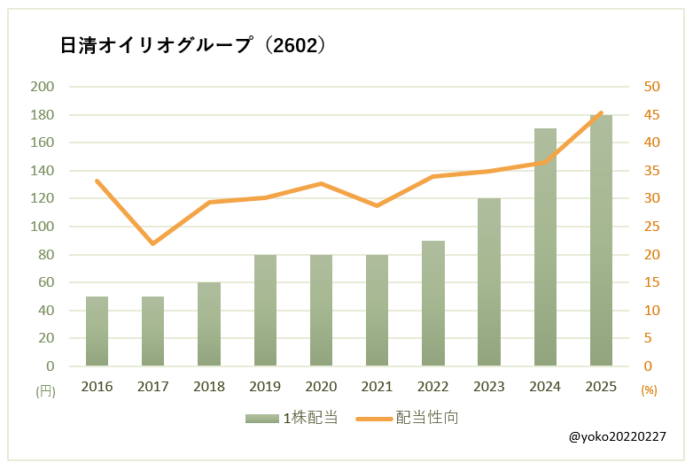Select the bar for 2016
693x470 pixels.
pyautogui.click(x=97, y=331)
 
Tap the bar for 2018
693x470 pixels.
pyautogui.click(x=209, y=324)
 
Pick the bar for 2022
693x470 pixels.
pyautogui.click(x=433, y=304)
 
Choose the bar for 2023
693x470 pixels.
pyautogui.click(x=489, y=282)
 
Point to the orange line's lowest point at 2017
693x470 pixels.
pyautogui.click(x=153, y=243)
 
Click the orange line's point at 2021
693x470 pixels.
pyautogui.click(x=378, y=205)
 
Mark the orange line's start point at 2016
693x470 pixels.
pyautogui.click(x=97, y=181)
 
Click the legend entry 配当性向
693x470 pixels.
pyautogui.click(x=409, y=418)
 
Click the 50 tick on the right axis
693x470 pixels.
pyautogui.click(x=652, y=87)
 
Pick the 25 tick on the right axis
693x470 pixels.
pyautogui.click(x=652, y=227)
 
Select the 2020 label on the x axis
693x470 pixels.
pyautogui.click(x=321, y=387)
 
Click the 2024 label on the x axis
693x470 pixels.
pyautogui.click(x=545, y=387)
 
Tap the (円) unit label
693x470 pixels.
pyautogui.click(x=44, y=389)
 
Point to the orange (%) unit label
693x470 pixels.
pyautogui.click(x=649, y=389)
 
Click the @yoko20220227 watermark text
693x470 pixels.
pyautogui.click(x=619, y=437)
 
